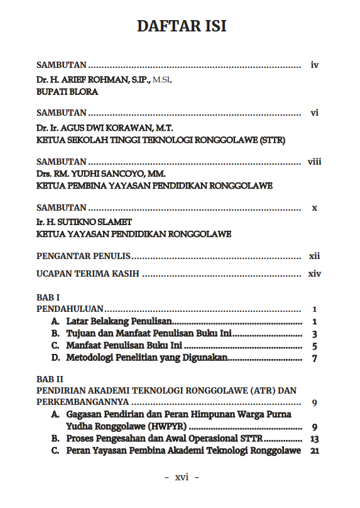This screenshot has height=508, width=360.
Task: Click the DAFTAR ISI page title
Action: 182,26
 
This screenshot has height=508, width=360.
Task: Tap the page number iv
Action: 315,65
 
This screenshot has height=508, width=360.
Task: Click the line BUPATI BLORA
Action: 67,91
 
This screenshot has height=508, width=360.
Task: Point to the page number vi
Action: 315,113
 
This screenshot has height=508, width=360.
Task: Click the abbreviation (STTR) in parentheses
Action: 271,140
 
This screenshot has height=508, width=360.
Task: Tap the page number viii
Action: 314,162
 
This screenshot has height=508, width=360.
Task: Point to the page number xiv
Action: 314,274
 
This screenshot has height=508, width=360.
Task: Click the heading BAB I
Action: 48,297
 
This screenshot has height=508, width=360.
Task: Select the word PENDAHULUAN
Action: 70,309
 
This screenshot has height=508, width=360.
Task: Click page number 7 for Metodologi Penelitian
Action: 314,358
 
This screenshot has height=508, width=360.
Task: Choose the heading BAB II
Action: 50,379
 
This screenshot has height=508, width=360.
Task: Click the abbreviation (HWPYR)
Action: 165,427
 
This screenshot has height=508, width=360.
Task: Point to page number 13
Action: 314,439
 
